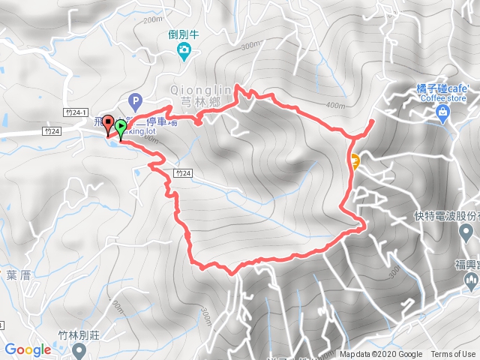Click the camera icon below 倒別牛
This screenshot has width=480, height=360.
pyautogui.click(x=183, y=51)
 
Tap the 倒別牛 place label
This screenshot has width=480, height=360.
pyautogui.click(x=183, y=34)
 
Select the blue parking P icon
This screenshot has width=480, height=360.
pyautogui.click(x=135, y=99)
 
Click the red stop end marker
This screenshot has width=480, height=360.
pyautogui.click(x=109, y=122)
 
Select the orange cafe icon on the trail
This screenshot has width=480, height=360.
pyautogui.click(x=353, y=159)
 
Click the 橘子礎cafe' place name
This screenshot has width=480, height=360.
pyautogui.click(x=442, y=88)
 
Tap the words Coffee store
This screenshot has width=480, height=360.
pyautogui.click(x=442, y=98)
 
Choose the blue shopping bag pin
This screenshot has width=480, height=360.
pyautogui.click(x=442, y=112)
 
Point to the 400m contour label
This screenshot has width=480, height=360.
pyautogui.click(x=337, y=105)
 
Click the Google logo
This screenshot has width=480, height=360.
pyautogui.click(x=28, y=349)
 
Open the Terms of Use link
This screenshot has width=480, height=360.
pyautogui.click(x=453, y=355)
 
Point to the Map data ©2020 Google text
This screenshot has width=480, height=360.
pyautogui.click(x=381, y=355)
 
